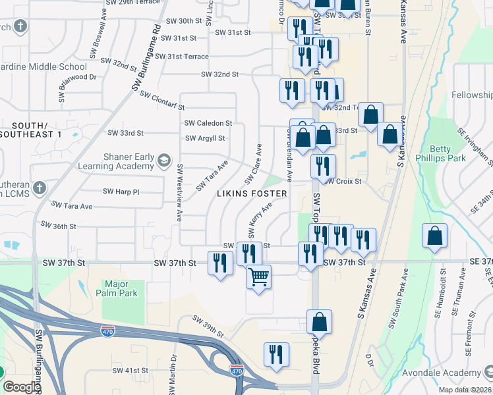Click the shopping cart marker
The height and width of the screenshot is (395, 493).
point(259,276)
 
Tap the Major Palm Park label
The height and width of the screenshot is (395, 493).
point(120,288)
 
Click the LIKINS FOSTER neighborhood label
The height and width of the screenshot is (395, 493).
point(253,194)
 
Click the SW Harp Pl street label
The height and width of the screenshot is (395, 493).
point(121,192)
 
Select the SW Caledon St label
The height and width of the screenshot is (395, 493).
point(208,123)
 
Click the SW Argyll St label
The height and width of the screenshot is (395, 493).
point(205,138)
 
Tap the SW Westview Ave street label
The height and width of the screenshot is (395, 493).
point(179,192)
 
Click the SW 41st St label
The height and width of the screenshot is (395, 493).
point(130,371)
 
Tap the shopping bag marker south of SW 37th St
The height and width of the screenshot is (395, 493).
point(319,323)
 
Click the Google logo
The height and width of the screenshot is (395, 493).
point(22,387)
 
